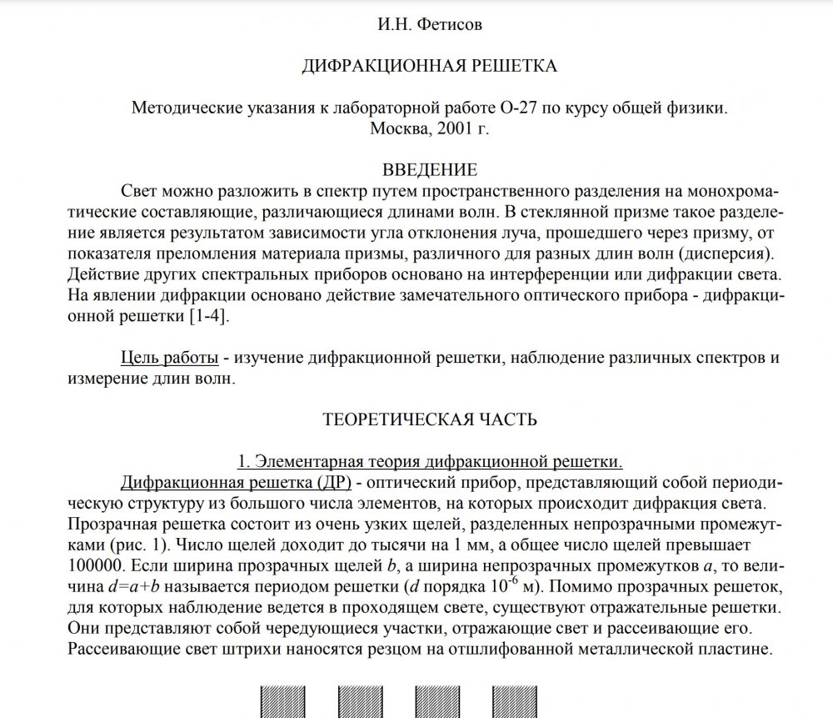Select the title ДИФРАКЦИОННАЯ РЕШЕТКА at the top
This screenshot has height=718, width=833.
428,66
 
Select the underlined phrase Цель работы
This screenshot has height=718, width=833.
170,358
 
